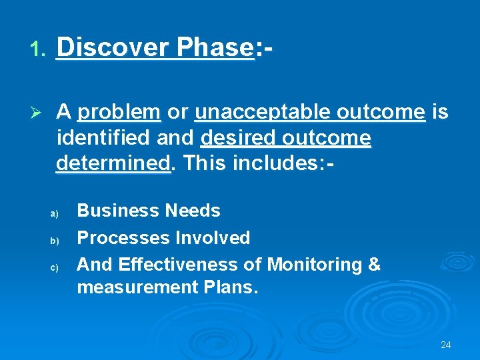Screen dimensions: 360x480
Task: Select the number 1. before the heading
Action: pyautogui.click(x=37, y=49)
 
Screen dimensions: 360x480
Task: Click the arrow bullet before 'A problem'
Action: pyautogui.click(x=38, y=111)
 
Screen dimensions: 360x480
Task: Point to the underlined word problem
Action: pyautogui.click(x=119, y=111)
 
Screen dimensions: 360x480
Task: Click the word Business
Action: pyautogui.click(x=117, y=211)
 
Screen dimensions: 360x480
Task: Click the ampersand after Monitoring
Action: pyautogui.click(x=373, y=265)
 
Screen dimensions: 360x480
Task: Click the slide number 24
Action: pyautogui.click(x=446, y=345)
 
